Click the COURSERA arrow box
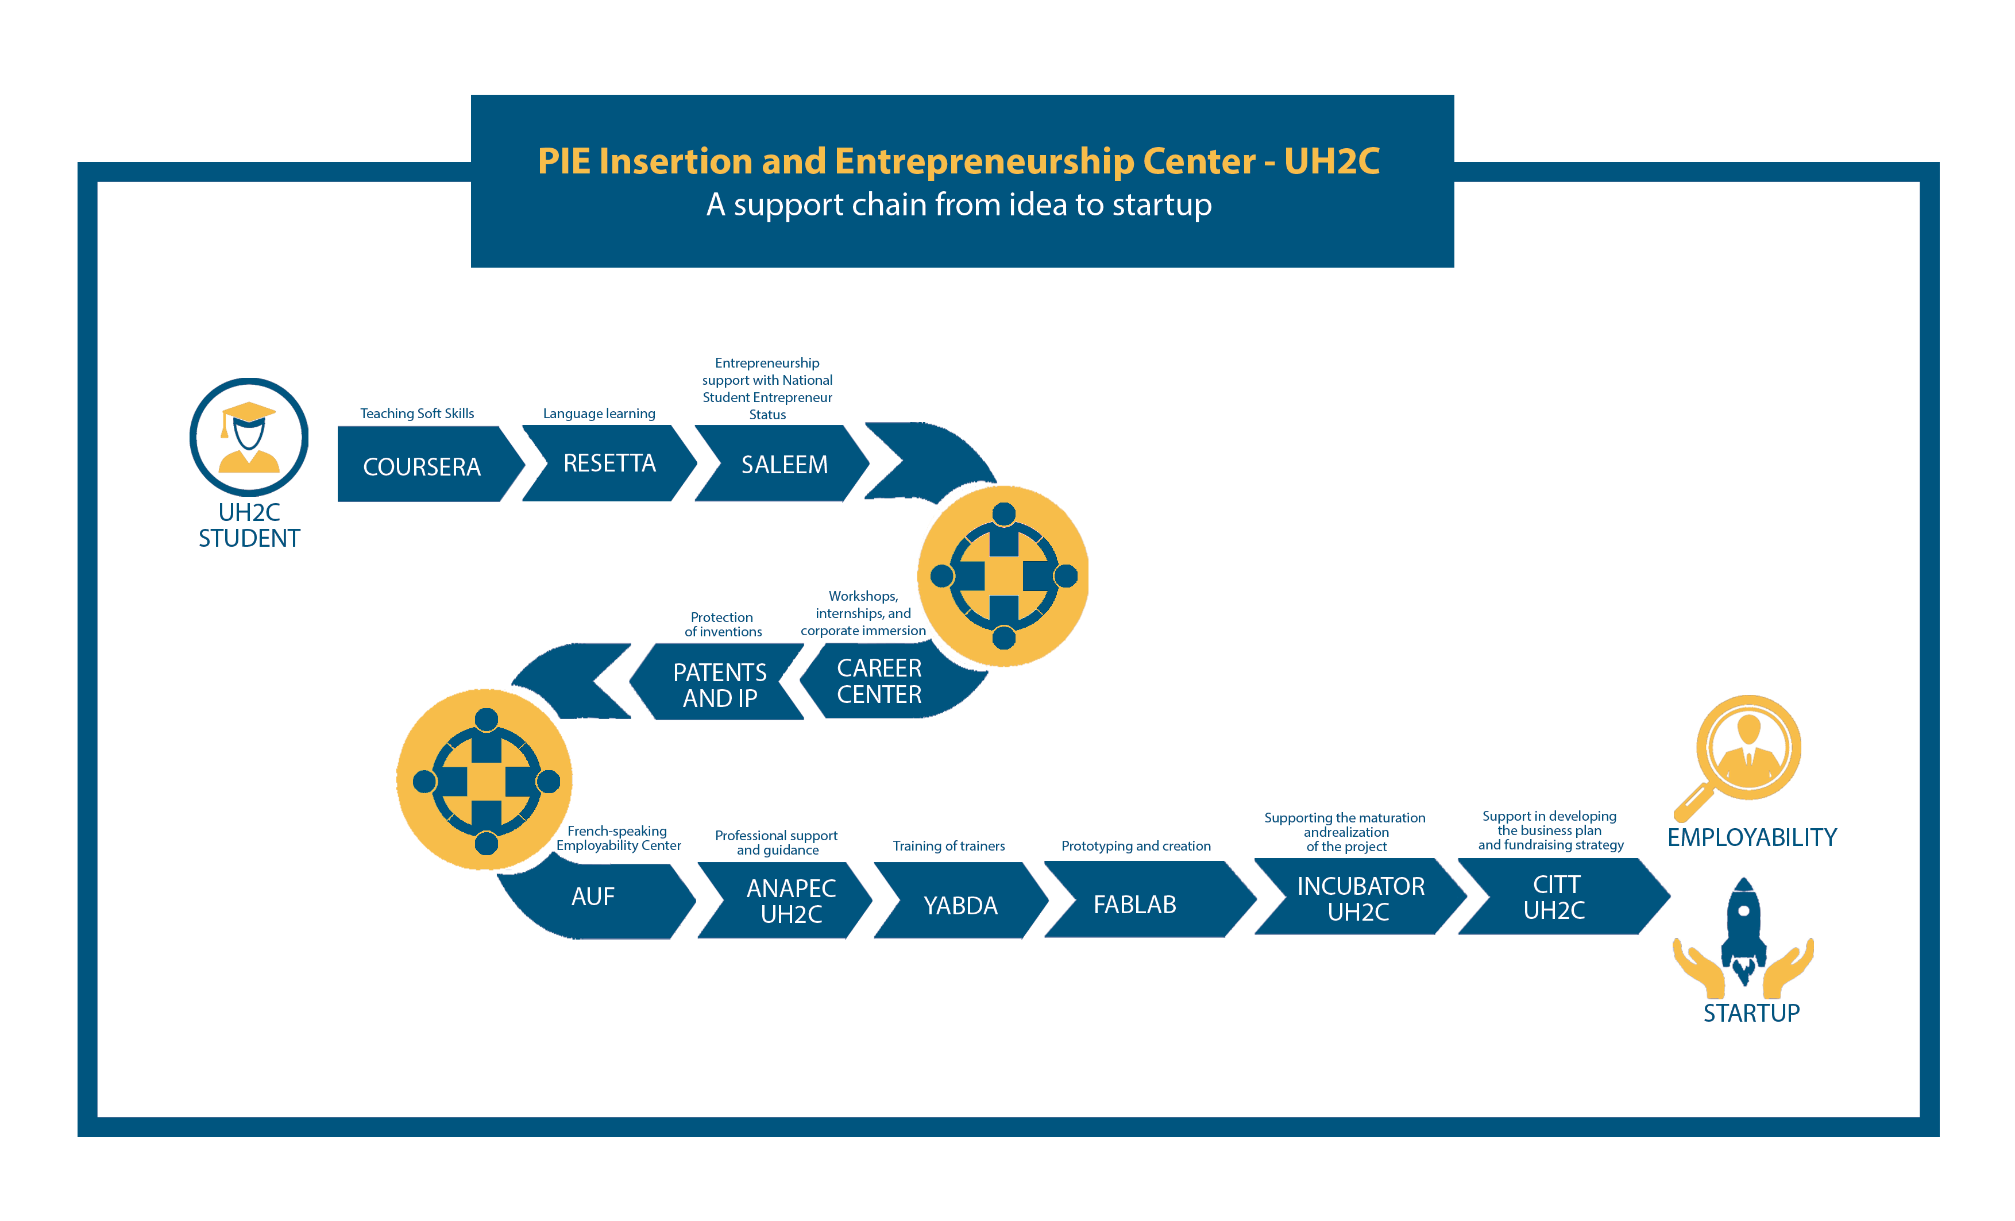(422, 465)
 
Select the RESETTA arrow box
(609, 463)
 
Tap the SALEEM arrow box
(783, 463)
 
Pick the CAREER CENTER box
(879, 681)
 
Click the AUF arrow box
(593, 897)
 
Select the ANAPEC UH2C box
(791, 901)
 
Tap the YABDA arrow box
(960, 905)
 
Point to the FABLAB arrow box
(1135, 903)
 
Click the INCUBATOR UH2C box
(1360, 898)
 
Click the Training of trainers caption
(948, 845)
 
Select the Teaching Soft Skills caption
(417, 413)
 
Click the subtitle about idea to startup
(959, 204)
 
